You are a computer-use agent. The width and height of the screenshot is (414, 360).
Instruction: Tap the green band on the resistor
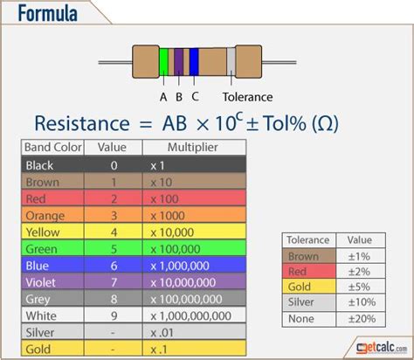pyautogui.click(x=164, y=61)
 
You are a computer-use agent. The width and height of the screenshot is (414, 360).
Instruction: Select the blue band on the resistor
pyautogui.click(x=194, y=61)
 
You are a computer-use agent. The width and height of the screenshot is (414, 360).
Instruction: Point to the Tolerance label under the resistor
pyautogui.click(x=247, y=97)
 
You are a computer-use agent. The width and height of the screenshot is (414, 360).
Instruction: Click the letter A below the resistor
pyautogui.click(x=163, y=97)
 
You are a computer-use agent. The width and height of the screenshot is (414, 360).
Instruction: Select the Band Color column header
pyautogui.click(x=52, y=147)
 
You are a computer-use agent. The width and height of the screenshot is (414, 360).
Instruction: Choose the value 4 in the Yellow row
pyautogui.click(x=114, y=232)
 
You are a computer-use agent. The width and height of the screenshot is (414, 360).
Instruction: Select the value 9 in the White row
pyautogui.click(x=114, y=316)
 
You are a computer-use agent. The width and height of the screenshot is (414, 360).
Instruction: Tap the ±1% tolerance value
pyautogui.click(x=359, y=257)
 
